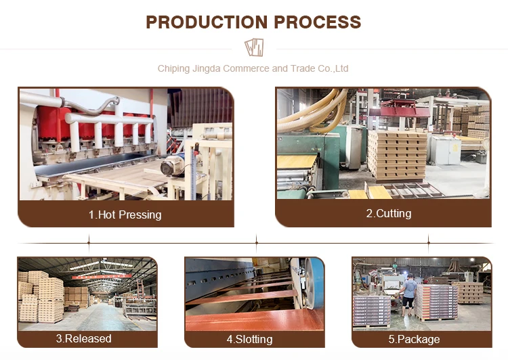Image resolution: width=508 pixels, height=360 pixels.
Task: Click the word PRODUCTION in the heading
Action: (207, 22)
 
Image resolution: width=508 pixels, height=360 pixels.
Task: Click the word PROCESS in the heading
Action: (318, 22)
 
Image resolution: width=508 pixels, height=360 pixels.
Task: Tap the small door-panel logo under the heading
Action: (254, 47)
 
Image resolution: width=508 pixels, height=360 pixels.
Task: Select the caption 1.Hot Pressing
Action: (125, 215)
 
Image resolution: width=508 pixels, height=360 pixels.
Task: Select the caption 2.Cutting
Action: (388, 213)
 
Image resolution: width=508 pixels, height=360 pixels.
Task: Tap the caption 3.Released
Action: (84, 338)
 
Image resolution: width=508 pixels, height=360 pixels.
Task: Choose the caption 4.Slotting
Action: (249, 338)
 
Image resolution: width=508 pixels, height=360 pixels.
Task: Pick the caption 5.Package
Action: (418, 338)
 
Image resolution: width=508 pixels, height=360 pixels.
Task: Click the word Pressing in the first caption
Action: (140, 215)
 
